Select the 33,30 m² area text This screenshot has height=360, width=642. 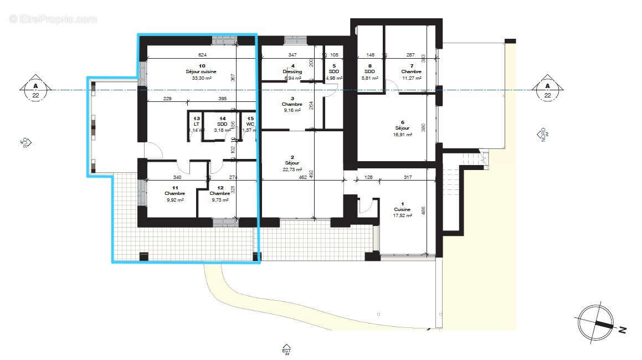tap(201, 79)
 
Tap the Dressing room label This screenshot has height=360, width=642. tap(292, 72)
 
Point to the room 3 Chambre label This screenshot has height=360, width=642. tap(291, 104)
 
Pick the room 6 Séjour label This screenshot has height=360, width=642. tap(402, 128)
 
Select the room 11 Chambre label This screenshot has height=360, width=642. tap(174, 193)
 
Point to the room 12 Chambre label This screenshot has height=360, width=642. tap(220, 193)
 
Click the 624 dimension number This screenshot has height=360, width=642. tap(202, 55)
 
